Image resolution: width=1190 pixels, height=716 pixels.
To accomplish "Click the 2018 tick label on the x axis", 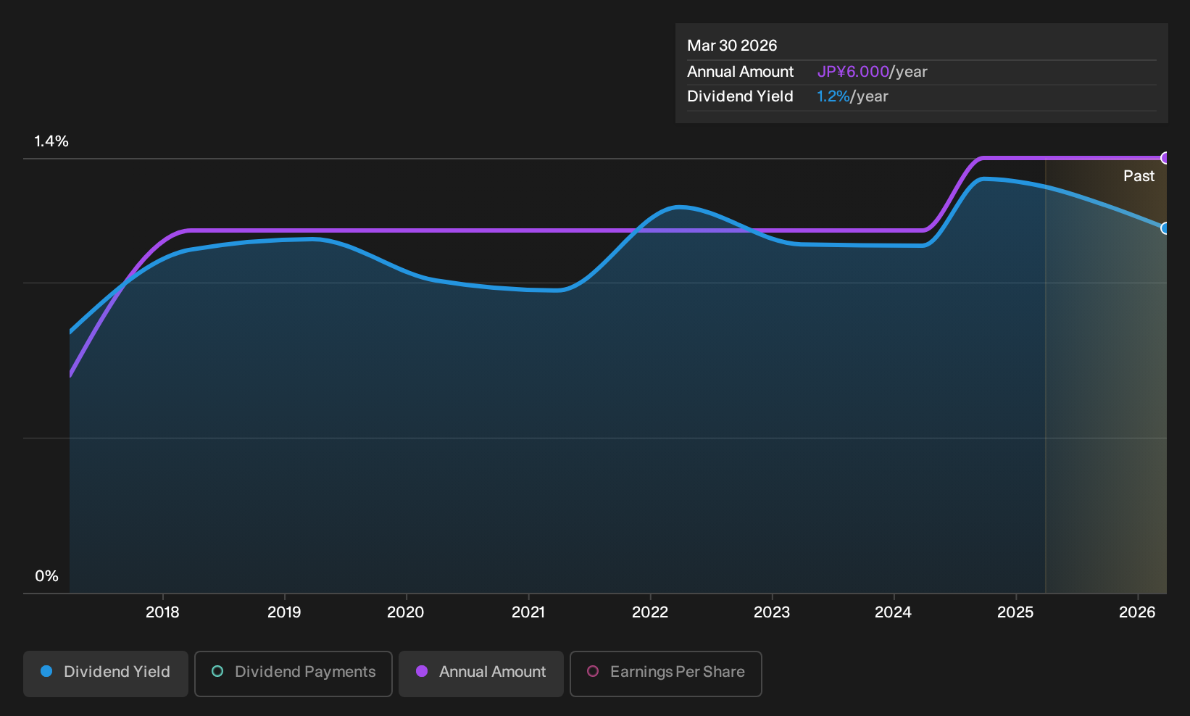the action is click(x=162, y=612).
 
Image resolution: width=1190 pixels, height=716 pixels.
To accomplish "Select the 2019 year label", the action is click(x=284, y=612).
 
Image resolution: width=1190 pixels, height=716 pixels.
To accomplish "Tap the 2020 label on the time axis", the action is click(x=406, y=612).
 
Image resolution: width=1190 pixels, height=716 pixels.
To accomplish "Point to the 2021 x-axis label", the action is click(x=528, y=612).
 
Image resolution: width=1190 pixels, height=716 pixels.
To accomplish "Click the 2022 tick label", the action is click(x=650, y=612).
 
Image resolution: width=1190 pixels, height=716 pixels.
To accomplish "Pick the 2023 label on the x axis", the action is click(x=772, y=612).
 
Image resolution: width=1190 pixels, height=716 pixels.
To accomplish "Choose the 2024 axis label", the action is click(x=894, y=612).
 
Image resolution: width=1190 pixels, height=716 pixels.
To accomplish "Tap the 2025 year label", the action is click(x=1016, y=612).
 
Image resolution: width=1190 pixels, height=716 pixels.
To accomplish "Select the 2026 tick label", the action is click(x=1137, y=612).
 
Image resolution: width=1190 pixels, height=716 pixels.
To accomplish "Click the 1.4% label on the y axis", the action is click(x=51, y=141).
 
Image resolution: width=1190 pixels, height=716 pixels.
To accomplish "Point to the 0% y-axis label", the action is click(x=47, y=576).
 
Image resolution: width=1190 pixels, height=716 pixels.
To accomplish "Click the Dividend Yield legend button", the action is click(x=106, y=673).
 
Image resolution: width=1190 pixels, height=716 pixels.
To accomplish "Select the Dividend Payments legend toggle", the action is click(x=294, y=673).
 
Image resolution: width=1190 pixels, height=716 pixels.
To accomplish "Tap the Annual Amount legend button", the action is click(x=480, y=673).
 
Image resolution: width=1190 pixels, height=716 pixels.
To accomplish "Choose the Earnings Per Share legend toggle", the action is click(x=665, y=673).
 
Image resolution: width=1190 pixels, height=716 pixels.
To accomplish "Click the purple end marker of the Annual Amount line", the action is click(x=1165, y=158).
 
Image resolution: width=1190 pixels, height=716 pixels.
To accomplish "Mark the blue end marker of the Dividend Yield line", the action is click(x=1165, y=228).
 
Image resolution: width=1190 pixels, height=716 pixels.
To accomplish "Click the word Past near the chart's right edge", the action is click(x=1139, y=176).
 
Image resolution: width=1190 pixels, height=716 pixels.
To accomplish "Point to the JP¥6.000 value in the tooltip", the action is click(x=853, y=72).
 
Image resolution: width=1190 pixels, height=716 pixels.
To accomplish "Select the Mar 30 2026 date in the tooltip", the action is click(x=732, y=46).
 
